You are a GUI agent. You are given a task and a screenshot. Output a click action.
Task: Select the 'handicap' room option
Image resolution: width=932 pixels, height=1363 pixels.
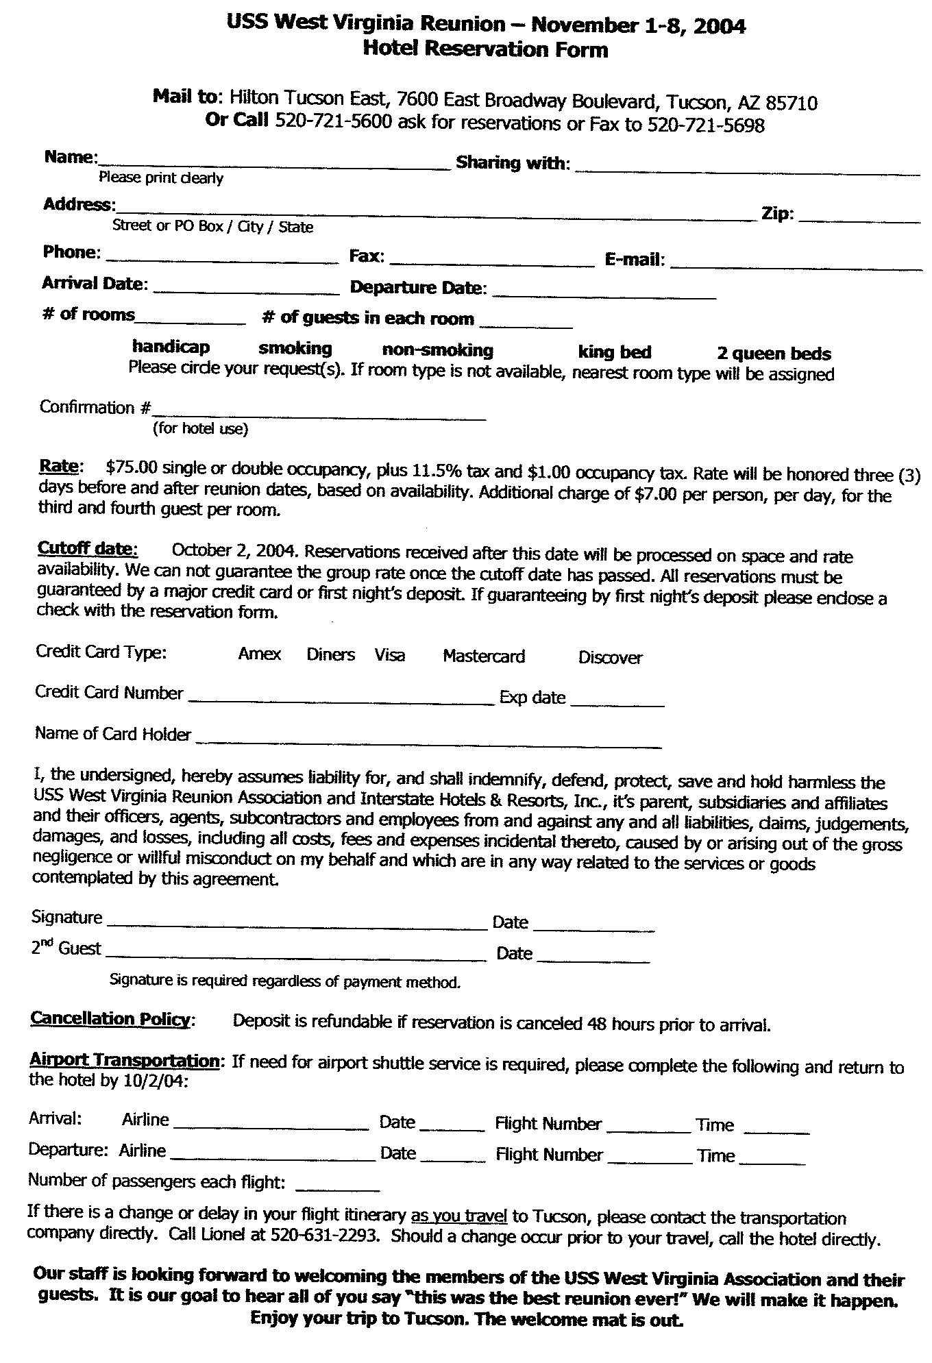tap(171, 347)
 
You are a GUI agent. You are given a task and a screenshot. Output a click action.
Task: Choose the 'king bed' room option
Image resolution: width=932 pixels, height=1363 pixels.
tap(615, 352)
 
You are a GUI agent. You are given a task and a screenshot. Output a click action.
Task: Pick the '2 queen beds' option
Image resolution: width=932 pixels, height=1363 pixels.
tap(774, 354)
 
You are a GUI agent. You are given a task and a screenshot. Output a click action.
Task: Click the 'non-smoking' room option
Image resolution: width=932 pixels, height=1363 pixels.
tap(437, 350)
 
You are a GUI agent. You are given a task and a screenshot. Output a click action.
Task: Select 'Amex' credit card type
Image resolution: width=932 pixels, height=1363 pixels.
tap(260, 654)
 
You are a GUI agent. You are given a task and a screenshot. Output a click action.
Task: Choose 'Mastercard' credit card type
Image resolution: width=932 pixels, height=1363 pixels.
tap(484, 656)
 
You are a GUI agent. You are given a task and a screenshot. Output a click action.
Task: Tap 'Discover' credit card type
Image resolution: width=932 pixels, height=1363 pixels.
tap(610, 658)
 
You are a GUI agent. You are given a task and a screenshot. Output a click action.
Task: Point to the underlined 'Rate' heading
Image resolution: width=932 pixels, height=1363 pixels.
tap(59, 466)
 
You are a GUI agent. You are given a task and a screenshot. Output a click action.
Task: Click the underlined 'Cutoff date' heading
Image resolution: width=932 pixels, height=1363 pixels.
tap(87, 548)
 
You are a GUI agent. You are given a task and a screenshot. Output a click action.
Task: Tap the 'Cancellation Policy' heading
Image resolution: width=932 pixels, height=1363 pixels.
tap(110, 1019)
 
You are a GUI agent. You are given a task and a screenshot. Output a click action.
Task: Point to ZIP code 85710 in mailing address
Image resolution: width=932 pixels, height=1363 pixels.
tap(792, 103)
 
